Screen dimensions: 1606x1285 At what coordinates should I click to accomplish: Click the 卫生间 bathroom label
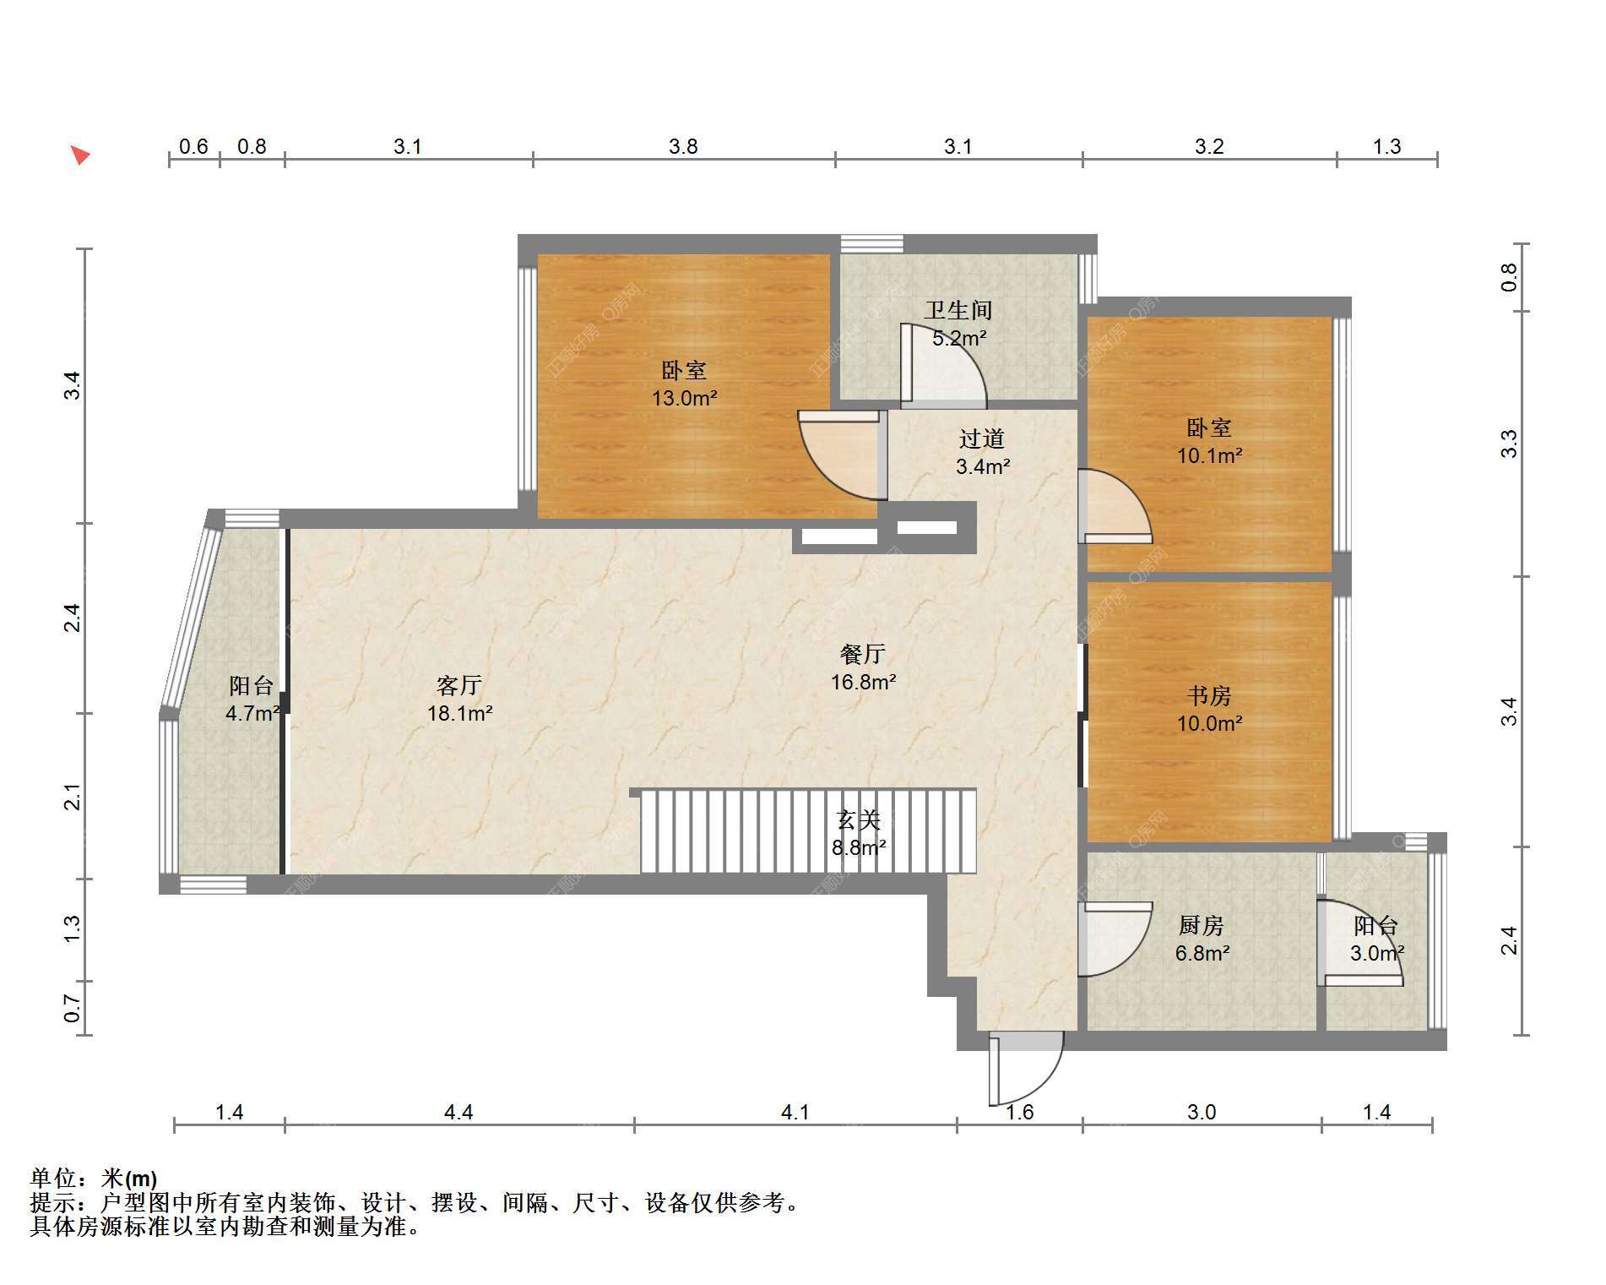(958, 311)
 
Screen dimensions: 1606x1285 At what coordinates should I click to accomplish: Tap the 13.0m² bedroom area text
(684, 398)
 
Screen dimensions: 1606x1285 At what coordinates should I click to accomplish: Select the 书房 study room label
(1208, 696)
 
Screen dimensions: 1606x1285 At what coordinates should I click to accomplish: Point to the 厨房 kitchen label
(1201, 926)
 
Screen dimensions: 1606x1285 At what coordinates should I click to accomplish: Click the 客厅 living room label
(459, 685)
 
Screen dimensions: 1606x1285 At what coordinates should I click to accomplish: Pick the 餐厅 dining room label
(863, 654)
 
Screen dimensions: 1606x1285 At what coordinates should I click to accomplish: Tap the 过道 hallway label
(982, 439)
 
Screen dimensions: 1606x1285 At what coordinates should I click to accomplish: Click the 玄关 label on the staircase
(859, 819)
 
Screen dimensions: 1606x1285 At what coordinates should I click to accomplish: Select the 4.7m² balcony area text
(252, 714)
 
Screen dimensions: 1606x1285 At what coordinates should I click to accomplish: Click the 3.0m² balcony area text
(1377, 954)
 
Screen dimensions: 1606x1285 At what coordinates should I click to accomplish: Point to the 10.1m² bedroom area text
(1209, 456)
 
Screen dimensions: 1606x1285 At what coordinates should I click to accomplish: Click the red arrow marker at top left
(79, 155)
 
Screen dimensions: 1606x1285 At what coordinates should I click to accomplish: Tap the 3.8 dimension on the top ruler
(683, 147)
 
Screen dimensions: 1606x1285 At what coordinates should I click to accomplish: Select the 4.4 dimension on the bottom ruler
(458, 1113)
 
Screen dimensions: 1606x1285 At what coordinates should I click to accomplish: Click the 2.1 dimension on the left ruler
(73, 797)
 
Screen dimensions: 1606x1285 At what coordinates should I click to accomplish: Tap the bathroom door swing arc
(943, 362)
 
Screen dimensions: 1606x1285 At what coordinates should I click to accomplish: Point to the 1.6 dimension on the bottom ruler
(1020, 1113)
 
